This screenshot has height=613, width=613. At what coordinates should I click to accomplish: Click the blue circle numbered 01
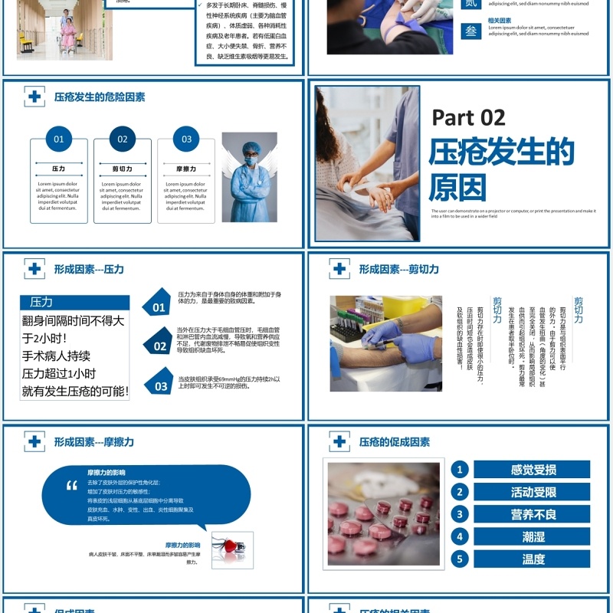click(59, 139)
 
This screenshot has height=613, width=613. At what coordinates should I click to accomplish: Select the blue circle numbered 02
click(123, 139)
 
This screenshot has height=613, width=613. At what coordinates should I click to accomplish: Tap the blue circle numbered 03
click(186, 139)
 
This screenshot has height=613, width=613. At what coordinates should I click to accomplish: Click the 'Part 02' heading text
click(468, 117)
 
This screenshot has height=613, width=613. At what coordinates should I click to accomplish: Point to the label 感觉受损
click(533, 470)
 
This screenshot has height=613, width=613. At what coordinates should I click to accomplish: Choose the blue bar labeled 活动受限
click(533, 492)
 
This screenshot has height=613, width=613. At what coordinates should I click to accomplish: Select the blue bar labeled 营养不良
click(533, 514)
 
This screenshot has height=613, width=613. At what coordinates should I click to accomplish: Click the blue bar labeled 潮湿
click(533, 536)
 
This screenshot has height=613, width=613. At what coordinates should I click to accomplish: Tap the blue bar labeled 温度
click(533, 559)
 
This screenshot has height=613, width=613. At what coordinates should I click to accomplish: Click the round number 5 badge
click(460, 559)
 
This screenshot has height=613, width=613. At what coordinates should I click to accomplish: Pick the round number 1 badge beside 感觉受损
click(460, 470)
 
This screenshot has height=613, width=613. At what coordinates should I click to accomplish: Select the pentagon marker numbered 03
click(159, 383)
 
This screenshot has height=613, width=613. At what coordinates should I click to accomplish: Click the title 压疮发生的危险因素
click(100, 97)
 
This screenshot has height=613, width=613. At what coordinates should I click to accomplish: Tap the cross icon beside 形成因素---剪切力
click(339, 269)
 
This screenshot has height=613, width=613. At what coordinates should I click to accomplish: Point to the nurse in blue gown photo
click(249, 177)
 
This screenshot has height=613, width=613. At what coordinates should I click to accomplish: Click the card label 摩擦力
click(186, 169)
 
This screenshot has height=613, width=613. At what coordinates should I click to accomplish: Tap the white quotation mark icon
click(72, 485)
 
